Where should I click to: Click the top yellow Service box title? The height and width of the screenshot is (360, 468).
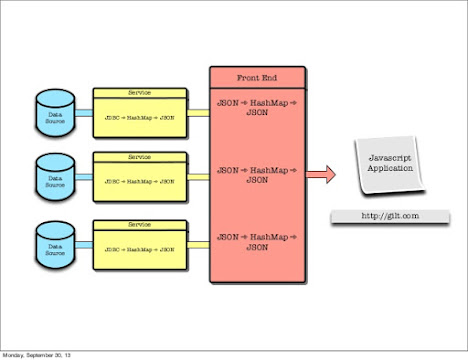[x=140, y=92]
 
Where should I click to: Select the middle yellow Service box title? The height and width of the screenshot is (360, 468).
[x=140, y=157]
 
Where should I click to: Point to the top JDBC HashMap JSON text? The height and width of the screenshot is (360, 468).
[x=140, y=117]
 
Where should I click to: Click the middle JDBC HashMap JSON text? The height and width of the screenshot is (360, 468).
[x=140, y=181]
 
